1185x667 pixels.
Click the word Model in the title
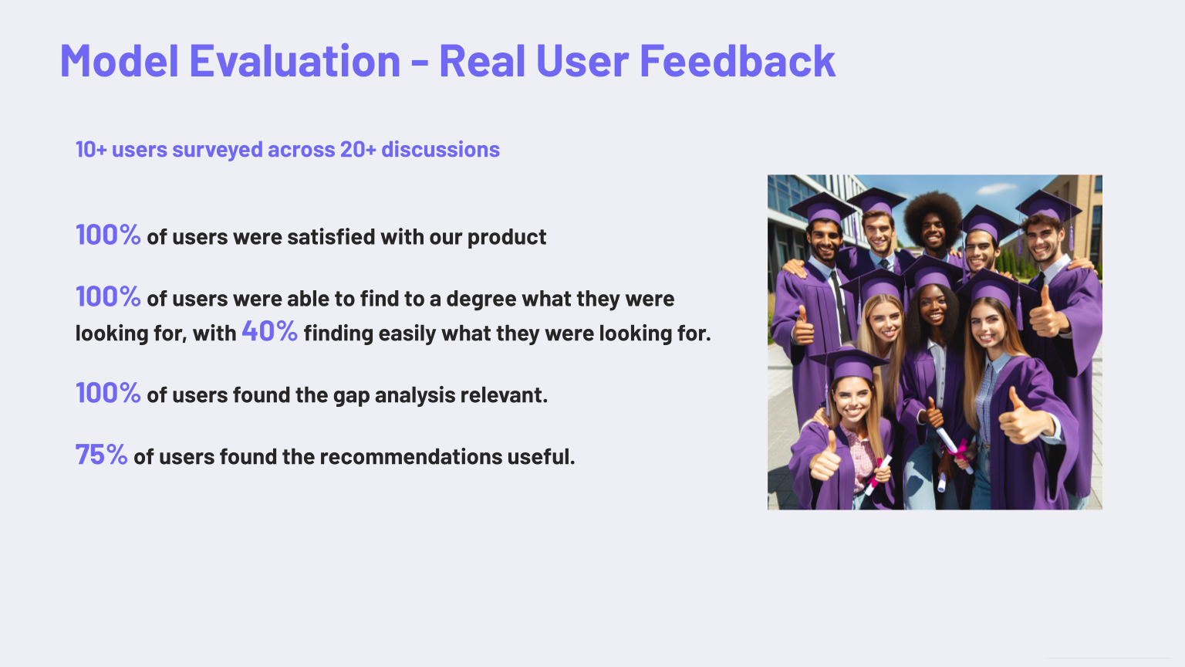(119, 61)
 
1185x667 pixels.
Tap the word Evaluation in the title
(295, 61)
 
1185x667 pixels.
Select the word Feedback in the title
(738, 61)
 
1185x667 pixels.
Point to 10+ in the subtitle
(92, 150)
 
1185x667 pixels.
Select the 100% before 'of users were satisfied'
(108, 235)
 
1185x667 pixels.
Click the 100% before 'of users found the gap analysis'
(108, 393)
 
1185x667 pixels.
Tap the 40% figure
(270, 331)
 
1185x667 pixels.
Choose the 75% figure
(101, 455)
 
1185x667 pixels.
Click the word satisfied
(331, 237)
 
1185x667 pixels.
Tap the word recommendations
(411, 457)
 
